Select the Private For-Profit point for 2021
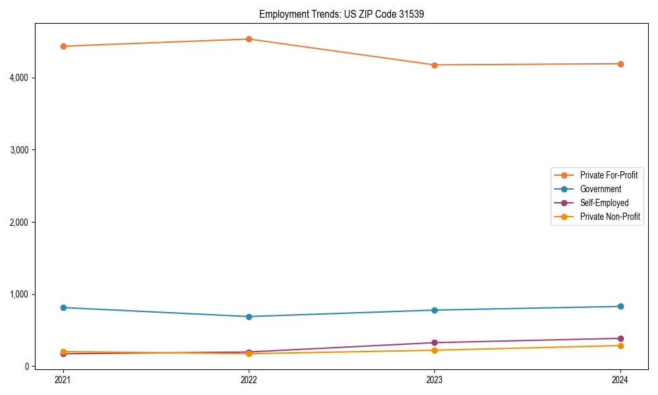click(63, 46)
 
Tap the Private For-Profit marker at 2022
click(249, 39)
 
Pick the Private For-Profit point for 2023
click(434, 65)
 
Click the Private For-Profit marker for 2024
click(620, 64)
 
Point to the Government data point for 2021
click(63, 307)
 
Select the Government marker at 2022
click(249, 317)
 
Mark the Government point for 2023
click(434, 310)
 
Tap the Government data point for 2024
click(620, 306)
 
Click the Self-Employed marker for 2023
click(434, 343)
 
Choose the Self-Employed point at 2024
click(620, 338)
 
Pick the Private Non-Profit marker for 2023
click(434, 350)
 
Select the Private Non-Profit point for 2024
click(620, 346)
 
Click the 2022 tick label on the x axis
click(249, 380)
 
